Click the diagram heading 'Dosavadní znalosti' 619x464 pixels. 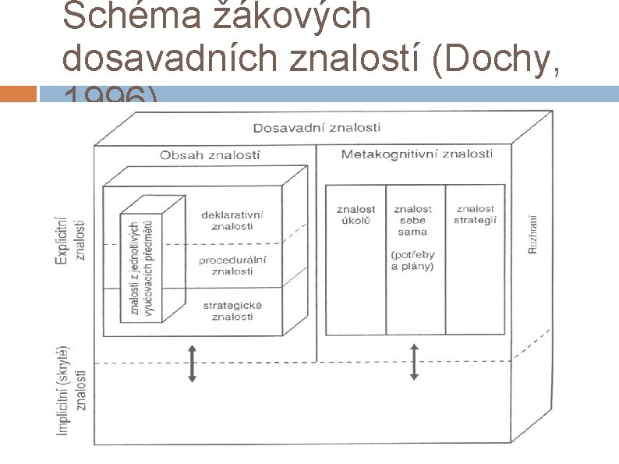click(317, 127)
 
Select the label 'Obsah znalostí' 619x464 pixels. click(210, 155)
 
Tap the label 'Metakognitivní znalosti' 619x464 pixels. click(416, 154)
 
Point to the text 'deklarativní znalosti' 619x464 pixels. click(232, 221)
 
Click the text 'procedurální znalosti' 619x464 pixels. click(232, 265)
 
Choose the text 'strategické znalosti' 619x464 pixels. click(232, 310)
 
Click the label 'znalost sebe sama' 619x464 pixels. click(412, 220)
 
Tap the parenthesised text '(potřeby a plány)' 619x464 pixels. click(412, 260)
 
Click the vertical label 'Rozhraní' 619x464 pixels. click(533, 233)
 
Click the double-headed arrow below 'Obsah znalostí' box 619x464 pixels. click(192, 364)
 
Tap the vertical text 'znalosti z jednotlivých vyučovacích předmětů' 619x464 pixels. click(141, 267)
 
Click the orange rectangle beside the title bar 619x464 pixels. click(19, 94)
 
